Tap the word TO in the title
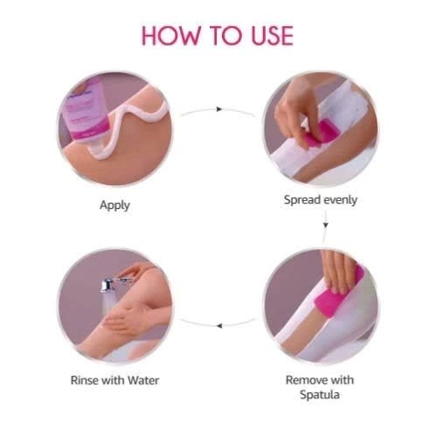click(x=220, y=36)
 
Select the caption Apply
click(x=115, y=205)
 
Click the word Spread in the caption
click(x=301, y=199)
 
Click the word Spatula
click(x=320, y=396)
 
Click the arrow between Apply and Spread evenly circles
click(x=218, y=111)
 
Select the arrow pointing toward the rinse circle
click(x=218, y=324)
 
